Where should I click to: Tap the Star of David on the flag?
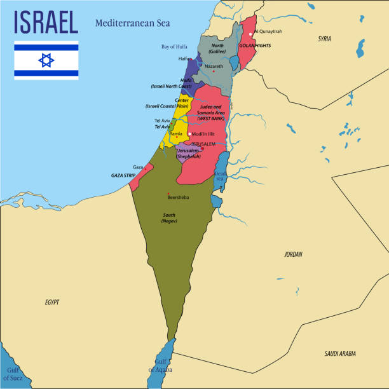46,60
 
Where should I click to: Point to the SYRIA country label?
324,39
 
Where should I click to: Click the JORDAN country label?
293,254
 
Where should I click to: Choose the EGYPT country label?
52,303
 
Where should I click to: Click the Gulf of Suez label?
13,374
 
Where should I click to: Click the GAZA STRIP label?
124,175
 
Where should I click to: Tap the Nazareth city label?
214,66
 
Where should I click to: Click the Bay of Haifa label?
174,46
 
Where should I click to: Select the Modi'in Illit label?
203,134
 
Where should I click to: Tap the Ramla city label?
176,134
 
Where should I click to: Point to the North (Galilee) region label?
217,48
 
